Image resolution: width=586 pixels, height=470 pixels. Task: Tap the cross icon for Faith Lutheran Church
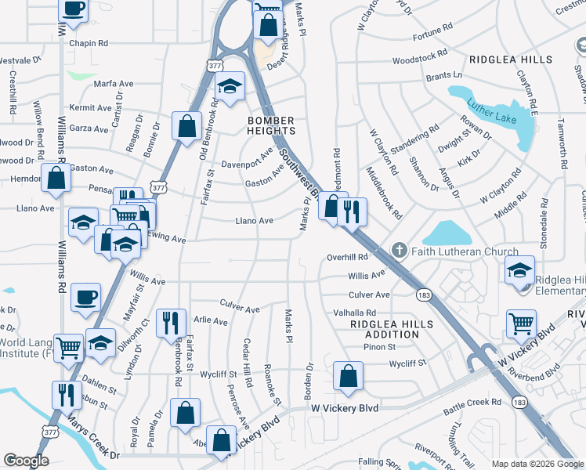(x=399, y=251)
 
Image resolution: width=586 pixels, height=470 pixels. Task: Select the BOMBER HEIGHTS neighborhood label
(x=270, y=126)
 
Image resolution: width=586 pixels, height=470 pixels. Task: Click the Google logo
(x=26, y=461)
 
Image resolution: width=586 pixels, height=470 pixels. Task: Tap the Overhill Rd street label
(x=347, y=257)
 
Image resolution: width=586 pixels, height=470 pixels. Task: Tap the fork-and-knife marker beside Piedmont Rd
(x=352, y=210)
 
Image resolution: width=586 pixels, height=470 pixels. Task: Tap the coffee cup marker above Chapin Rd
(x=73, y=9)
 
